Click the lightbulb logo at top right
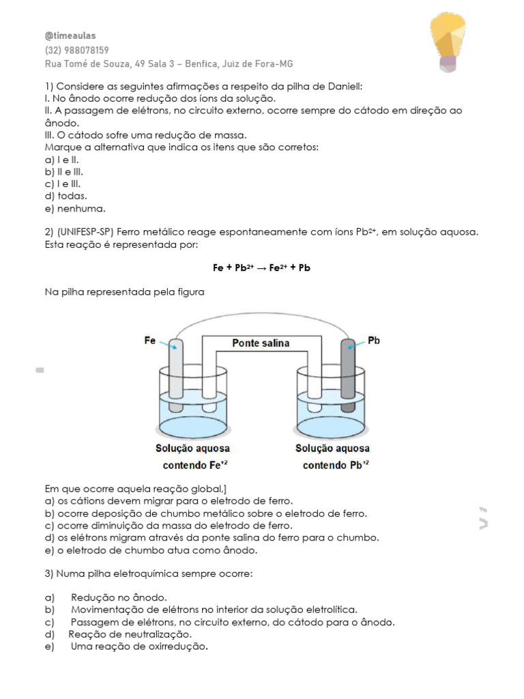pyautogui.click(x=448, y=42)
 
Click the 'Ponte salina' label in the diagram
pyautogui.click(x=261, y=343)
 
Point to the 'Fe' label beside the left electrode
pyautogui.click(x=150, y=340)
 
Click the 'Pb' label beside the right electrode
pyautogui.click(x=373, y=340)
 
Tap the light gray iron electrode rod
pyautogui.click(x=175, y=372)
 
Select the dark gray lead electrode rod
pyautogui.click(x=347, y=375)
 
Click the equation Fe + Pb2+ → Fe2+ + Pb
pyautogui.click(x=261, y=268)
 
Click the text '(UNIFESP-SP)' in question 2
pyautogui.click(x=89, y=232)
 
